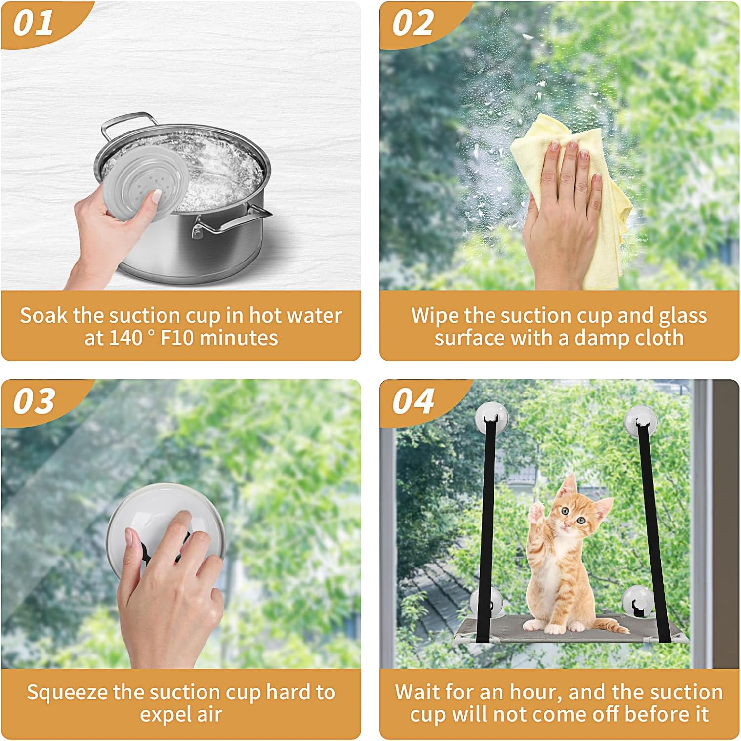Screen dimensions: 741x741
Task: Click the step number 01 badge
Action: (34, 23)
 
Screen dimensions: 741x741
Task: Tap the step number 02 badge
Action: (413, 23)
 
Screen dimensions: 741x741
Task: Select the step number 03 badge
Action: (34, 401)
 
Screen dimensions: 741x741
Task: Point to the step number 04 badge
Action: (413, 401)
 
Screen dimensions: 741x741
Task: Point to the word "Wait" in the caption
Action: (416, 692)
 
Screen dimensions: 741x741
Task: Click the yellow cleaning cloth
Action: (593, 198)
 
